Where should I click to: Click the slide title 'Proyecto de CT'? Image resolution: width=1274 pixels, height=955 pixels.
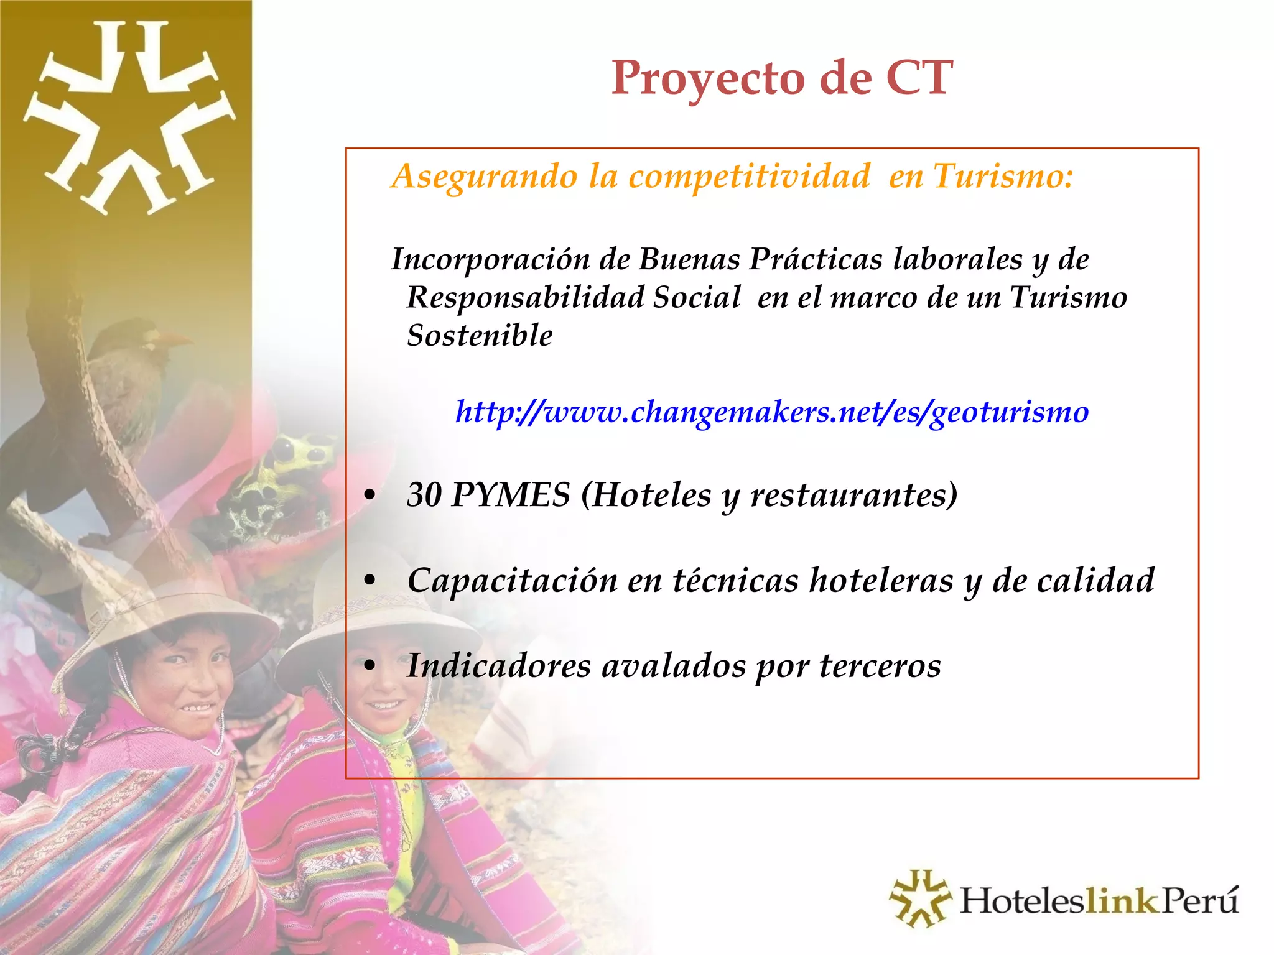[x=781, y=78]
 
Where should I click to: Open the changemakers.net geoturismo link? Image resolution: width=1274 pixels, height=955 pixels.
[x=772, y=412]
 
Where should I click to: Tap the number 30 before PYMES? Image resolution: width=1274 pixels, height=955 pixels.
[x=424, y=496]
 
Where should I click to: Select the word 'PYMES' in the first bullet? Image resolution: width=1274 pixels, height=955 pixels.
[x=511, y=496]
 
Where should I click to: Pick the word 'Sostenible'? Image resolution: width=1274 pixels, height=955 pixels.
[x=480, y=336]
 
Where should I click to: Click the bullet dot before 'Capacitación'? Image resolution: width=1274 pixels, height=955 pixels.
[x=370, y=581]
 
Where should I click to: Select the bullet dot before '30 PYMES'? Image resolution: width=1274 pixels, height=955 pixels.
[x=370, y=496]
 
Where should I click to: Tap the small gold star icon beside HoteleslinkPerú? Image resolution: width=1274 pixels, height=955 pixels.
[x=919, y=898]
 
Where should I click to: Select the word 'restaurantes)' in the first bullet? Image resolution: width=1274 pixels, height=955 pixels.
[x=853, y=496]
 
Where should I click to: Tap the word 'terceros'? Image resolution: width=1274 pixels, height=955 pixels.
[x=880, y=666]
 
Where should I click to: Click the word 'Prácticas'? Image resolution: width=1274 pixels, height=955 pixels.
[x=816, y=259]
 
